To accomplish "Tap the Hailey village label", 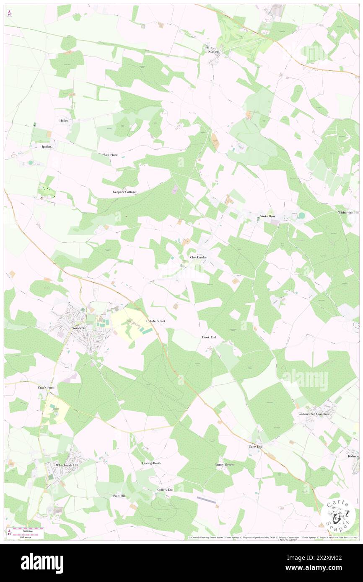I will tap(64, 120).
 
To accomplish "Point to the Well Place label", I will tap(110, 155).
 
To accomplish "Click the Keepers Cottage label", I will tap(124, 192).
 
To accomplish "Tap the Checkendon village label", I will tap(199, 257).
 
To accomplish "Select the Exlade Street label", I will tap(156, 321).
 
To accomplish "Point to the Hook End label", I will tap(210, 337).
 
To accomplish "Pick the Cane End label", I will tap(255, 446).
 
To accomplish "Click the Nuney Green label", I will tap(224, 464).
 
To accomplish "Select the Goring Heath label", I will tap(152, 463).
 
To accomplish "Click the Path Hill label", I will tap(119, 496).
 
